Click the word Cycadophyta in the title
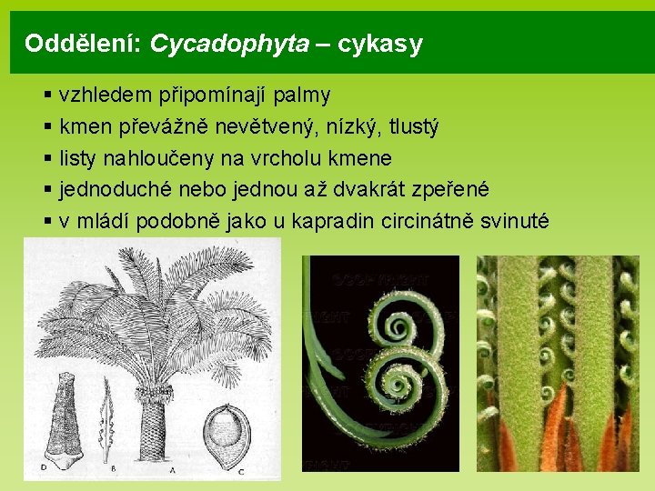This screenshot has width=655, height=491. click(x=229, y=44)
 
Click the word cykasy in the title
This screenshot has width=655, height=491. click(x=380, y=44)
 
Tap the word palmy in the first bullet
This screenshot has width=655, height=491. click(x=301, y=95)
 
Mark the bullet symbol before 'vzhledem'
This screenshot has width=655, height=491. click(x=46, y=95)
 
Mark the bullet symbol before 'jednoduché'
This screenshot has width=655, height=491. click(x=46, y=190)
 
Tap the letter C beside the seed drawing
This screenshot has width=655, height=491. click(x=241, y=470)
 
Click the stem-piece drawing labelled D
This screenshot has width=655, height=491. click(x=63, y=418)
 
